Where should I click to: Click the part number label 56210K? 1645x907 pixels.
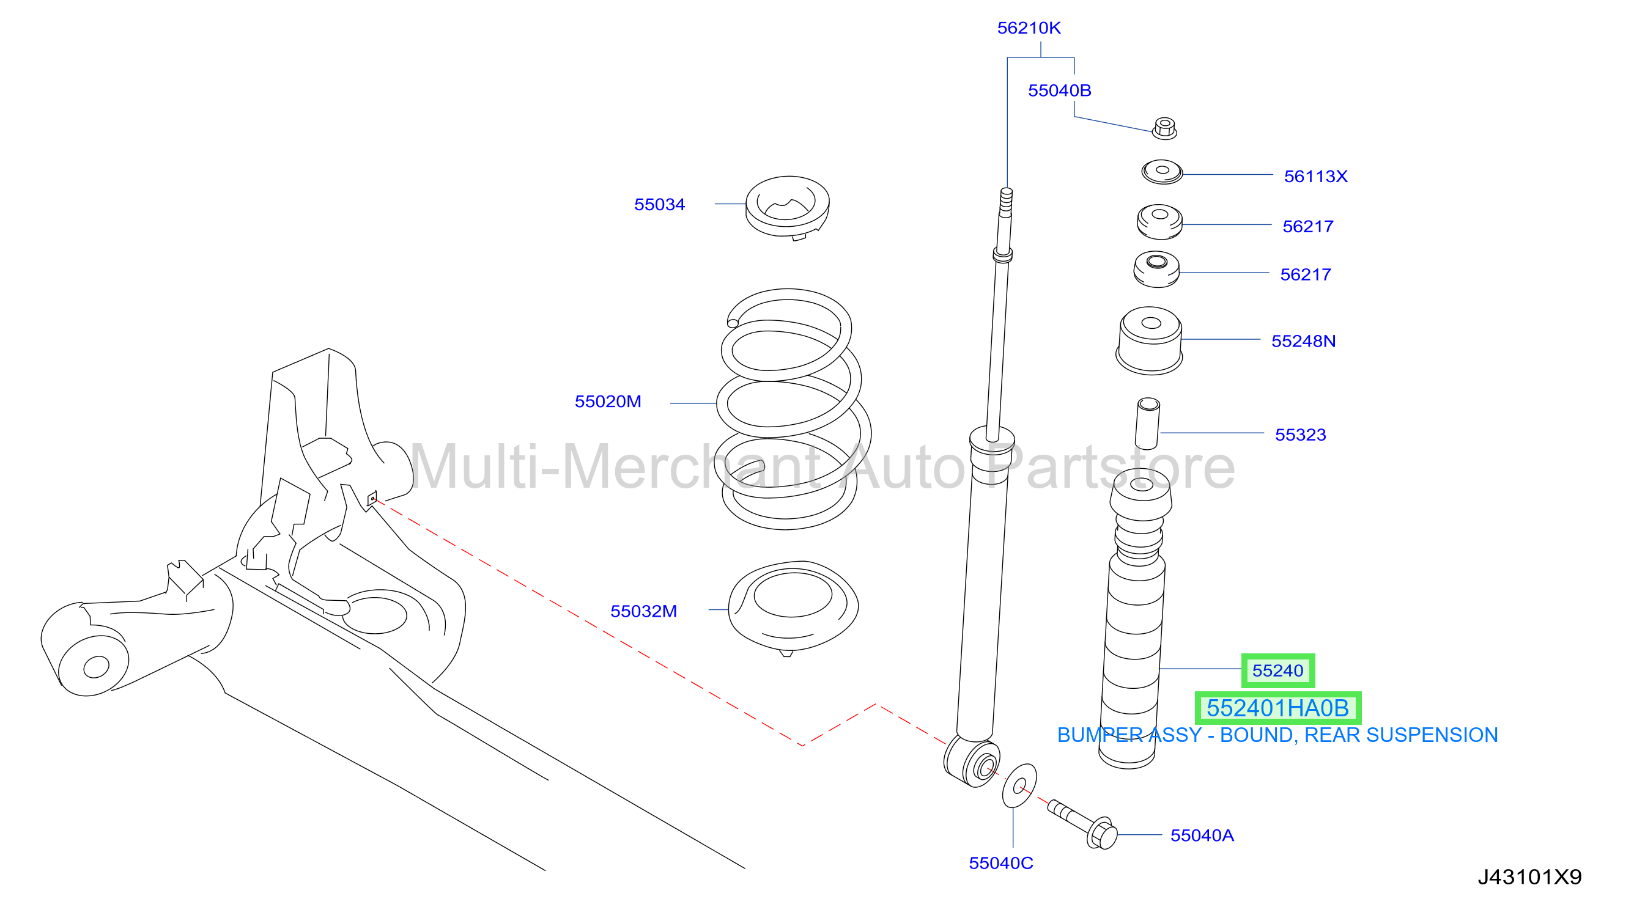(x=1028, y=28)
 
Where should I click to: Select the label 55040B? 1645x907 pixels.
(x=1059, y=90)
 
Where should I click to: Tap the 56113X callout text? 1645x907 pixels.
(x=1315, y=176)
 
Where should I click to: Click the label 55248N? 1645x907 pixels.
(x=1303, y=341)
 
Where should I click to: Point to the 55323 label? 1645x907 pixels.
(x=1300, y=435)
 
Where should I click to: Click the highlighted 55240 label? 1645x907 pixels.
(x=1277, y=670)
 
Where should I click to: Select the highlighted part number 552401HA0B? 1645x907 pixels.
(x=1277, y=708)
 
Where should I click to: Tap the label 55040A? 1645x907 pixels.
(x=1202, y=835)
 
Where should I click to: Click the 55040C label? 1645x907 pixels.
(x=1000, y=863)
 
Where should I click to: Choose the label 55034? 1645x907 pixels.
(x=659, y=204)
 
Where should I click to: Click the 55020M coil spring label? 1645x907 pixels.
(x=607, y=402)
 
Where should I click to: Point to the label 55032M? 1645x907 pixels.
(x=643, y=611)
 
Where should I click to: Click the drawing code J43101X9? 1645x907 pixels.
(x=1529, y=877)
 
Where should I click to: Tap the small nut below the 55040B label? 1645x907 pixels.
(x=1164, y=128)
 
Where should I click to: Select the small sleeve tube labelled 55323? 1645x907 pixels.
(x=1148, y=423)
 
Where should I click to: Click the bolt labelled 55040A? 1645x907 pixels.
(x=1082, y=823)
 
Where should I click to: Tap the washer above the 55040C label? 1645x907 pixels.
(x=1019, y=785)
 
